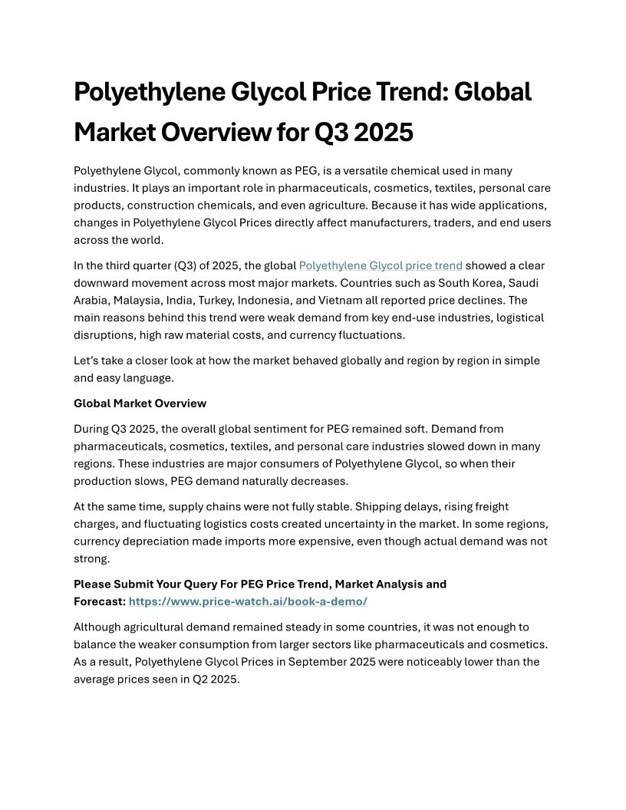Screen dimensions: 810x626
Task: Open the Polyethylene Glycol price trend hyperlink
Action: [381, 265]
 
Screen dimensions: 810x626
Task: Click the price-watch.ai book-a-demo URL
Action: [248, 601]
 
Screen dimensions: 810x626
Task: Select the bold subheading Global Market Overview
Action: [140, 403]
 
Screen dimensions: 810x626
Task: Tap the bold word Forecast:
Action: [100, 601]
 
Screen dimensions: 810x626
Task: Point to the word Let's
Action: [87, 361]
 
